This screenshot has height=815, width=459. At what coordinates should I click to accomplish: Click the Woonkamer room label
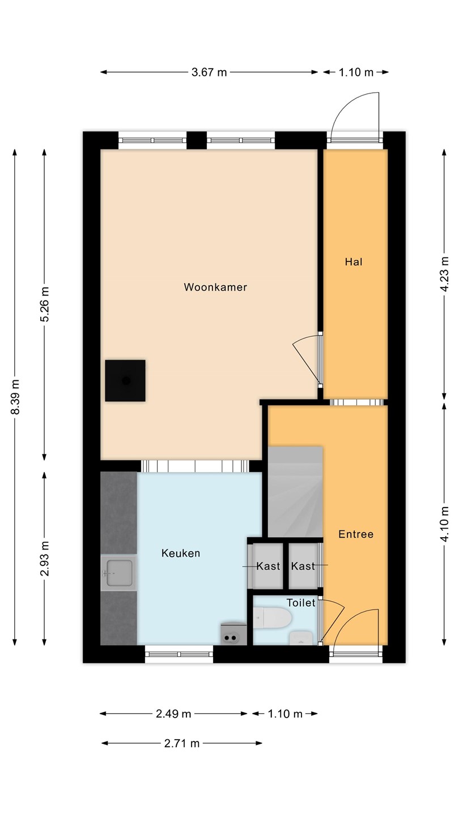pos(215,287)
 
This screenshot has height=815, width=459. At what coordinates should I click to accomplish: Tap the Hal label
pos(354,261)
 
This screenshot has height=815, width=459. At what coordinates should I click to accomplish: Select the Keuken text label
pos(181,553)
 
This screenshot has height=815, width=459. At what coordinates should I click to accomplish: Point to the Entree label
pos(356,534)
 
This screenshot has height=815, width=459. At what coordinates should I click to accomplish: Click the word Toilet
pos(300,603)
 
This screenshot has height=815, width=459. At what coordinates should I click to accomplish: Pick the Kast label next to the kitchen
pos(268,566)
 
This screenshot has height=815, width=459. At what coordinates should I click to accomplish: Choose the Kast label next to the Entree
pos(303,566)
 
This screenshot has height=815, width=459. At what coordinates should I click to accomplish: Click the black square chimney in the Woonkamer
pos(125,380)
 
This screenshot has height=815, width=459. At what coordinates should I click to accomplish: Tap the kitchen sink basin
pos(119,573)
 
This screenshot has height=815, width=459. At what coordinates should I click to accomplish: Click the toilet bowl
pos(273,618)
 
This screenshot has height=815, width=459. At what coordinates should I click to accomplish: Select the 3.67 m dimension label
pos(209,72)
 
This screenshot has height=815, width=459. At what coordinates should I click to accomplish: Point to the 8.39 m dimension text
pos(15,397)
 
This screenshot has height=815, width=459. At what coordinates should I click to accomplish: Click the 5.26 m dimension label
pos(44,304)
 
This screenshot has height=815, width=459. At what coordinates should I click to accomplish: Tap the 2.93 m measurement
pos(44,559)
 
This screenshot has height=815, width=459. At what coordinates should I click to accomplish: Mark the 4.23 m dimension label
pos(444,274)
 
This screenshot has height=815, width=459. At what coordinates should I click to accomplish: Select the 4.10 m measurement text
pos(444,524)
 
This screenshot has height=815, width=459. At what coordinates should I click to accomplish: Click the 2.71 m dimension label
pos(182,743)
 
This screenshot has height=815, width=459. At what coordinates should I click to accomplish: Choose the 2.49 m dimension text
pos(173,714)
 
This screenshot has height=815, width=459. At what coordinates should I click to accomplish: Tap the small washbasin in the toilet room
pos(301,638)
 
